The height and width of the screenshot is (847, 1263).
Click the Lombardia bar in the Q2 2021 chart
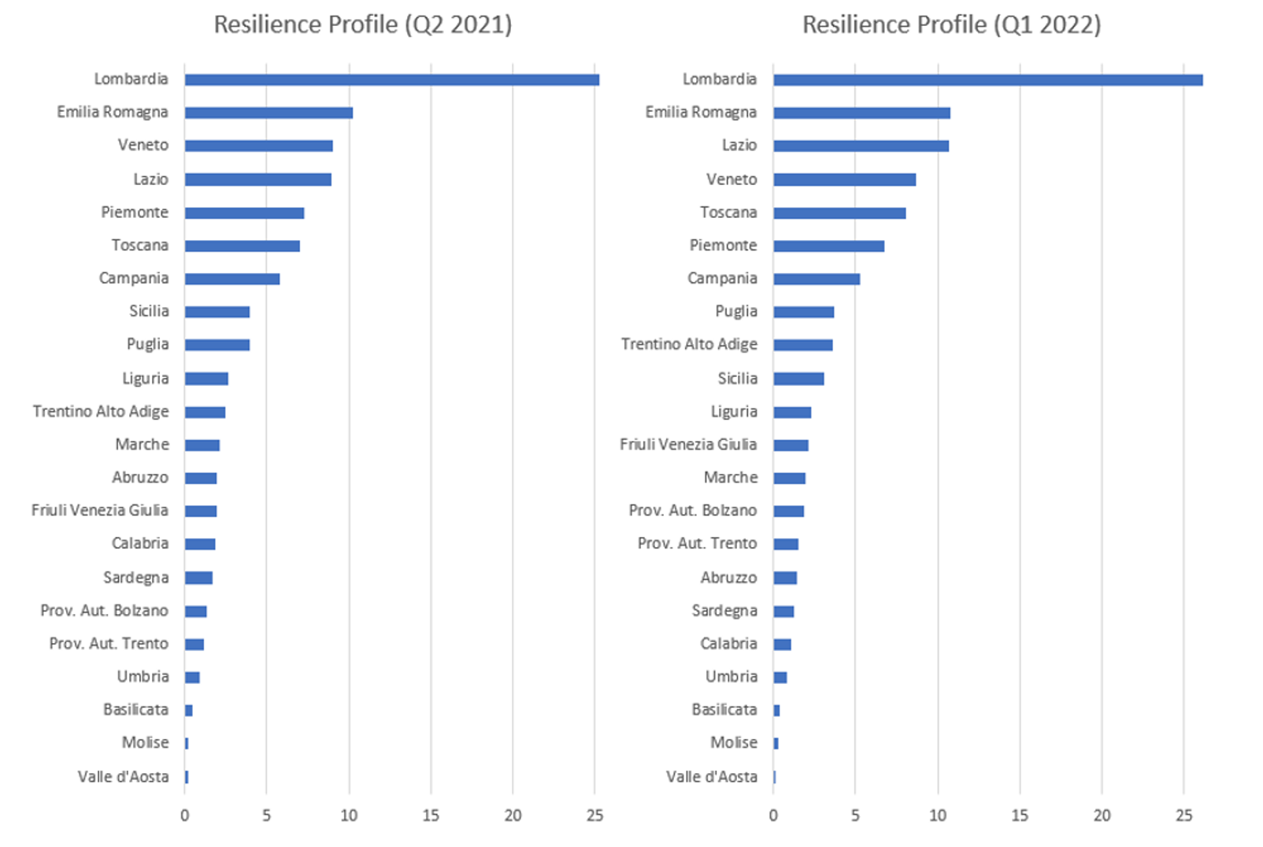[391, 80]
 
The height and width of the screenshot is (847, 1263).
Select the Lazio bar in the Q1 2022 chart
[861, 146]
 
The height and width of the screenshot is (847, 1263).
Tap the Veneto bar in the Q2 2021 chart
[258, 146]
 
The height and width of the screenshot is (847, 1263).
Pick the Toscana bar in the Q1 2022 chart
[839, 213]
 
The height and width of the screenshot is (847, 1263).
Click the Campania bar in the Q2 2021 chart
[232, 279]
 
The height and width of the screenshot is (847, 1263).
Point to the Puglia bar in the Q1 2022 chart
[803, 313]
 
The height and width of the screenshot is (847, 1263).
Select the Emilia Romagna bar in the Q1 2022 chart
[861, 113]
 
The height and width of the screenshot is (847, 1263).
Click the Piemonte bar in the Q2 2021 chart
[244, 213]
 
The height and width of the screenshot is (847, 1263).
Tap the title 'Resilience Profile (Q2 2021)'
[363, 24]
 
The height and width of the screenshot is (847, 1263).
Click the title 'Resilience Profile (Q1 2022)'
[951, 24]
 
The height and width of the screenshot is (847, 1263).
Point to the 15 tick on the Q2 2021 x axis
[431, 816]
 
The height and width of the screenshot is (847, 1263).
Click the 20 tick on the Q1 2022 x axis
[1102, 816]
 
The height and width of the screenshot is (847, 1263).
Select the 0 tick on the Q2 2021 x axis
[185, 816]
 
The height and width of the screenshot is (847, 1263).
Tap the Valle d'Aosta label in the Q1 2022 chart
[711, 777]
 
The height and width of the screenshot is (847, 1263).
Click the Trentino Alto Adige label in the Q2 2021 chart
[101, 412]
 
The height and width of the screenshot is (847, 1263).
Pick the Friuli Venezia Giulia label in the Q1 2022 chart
[687, 445]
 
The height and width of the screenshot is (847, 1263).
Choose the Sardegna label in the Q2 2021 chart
[135, 578]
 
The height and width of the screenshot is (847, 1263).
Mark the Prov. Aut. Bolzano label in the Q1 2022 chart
[692, 511]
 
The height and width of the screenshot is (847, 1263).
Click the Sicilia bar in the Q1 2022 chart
[798, 379]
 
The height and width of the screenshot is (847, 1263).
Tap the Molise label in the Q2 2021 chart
[145, 742]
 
